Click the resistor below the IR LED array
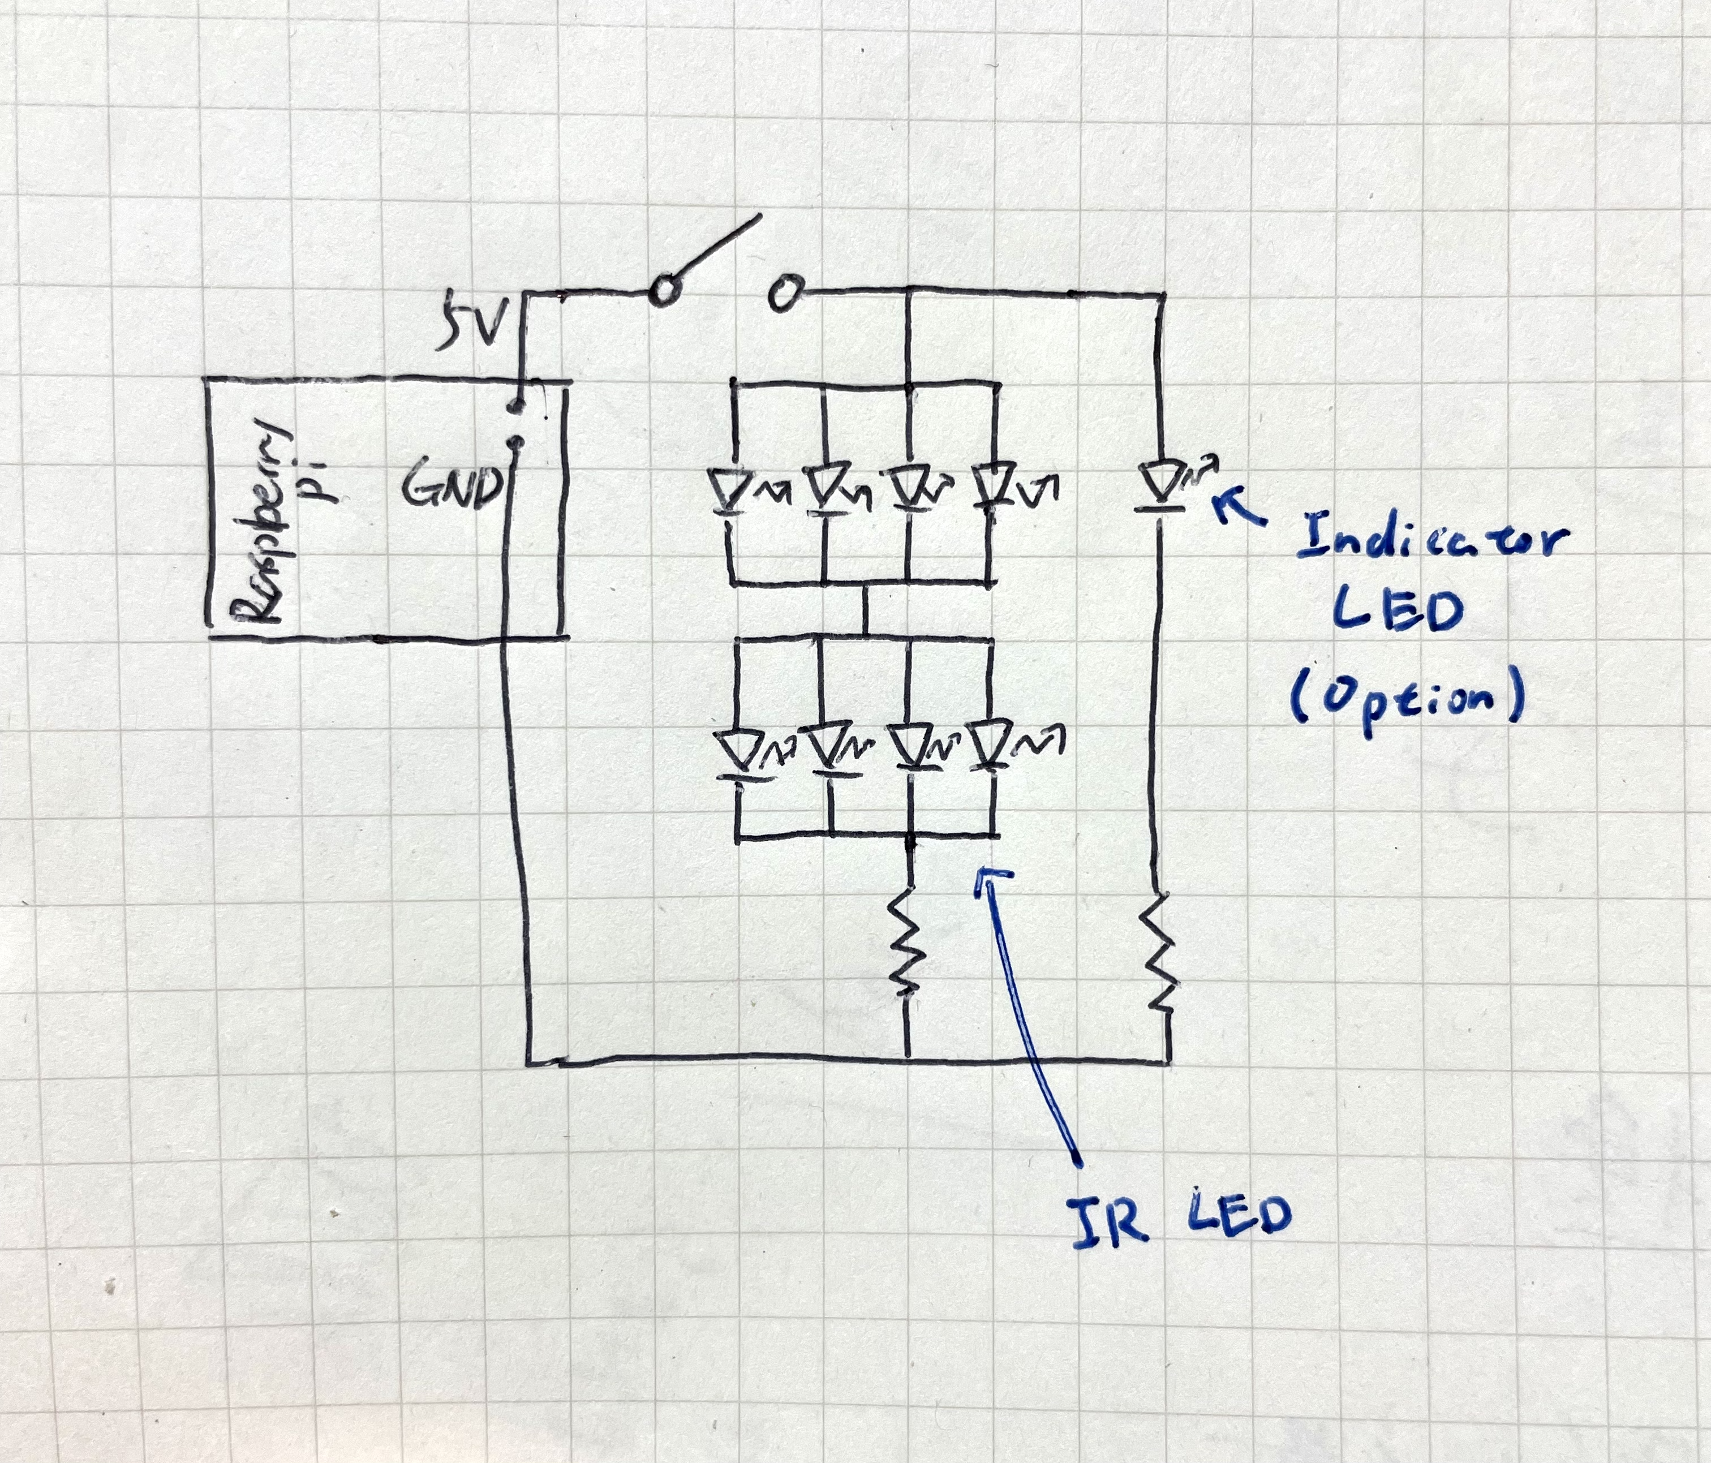point(906,941)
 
